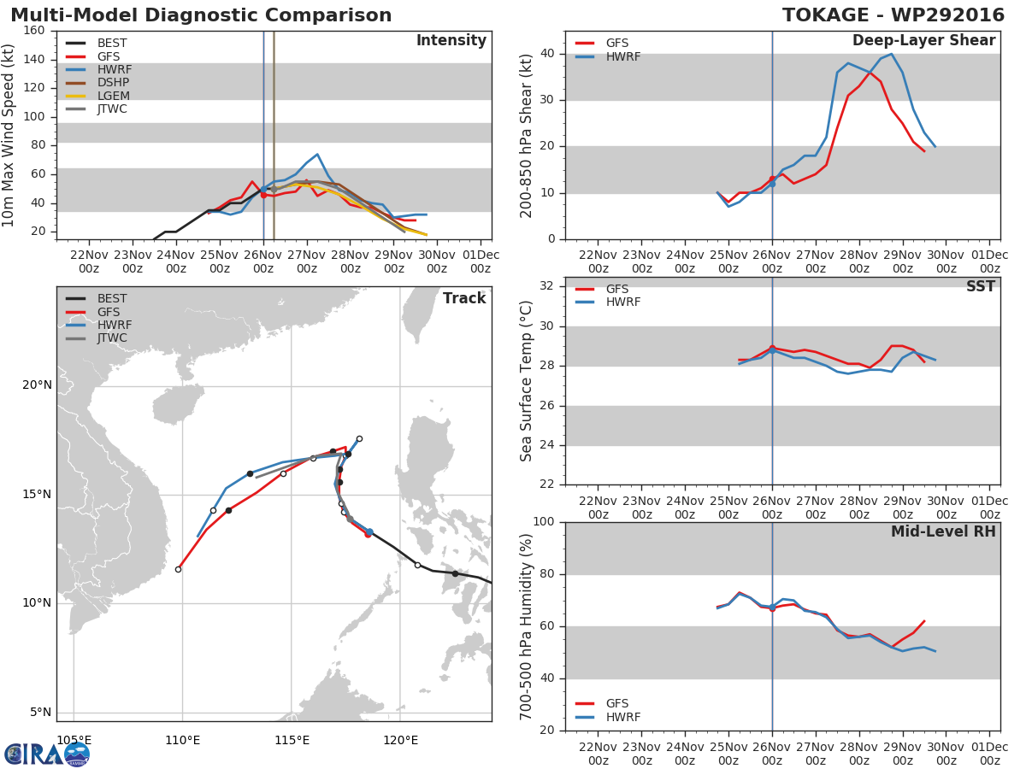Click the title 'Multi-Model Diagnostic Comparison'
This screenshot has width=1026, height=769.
[x=201, y=15]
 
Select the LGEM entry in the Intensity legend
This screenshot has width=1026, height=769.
[x=113, y=96]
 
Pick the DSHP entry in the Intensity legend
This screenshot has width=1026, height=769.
[x=114, y=83]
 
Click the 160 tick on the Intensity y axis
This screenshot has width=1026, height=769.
[x=34, y=31]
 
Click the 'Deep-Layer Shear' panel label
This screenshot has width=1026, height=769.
[x=923, y=41]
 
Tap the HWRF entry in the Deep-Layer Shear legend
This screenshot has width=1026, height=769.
[x=622, y=57]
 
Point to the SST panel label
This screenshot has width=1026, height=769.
[x=980, y=287]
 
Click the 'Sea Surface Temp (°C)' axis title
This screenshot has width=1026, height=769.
[x=527, y=381]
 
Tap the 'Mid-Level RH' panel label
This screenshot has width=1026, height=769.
[x=943, y=531]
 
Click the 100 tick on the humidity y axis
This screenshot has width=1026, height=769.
[x=544, y=522]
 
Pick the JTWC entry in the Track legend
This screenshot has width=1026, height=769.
[x=112, y=338]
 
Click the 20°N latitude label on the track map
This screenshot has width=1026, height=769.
[x=36, y=385]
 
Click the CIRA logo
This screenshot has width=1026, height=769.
[x=46, y=754]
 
